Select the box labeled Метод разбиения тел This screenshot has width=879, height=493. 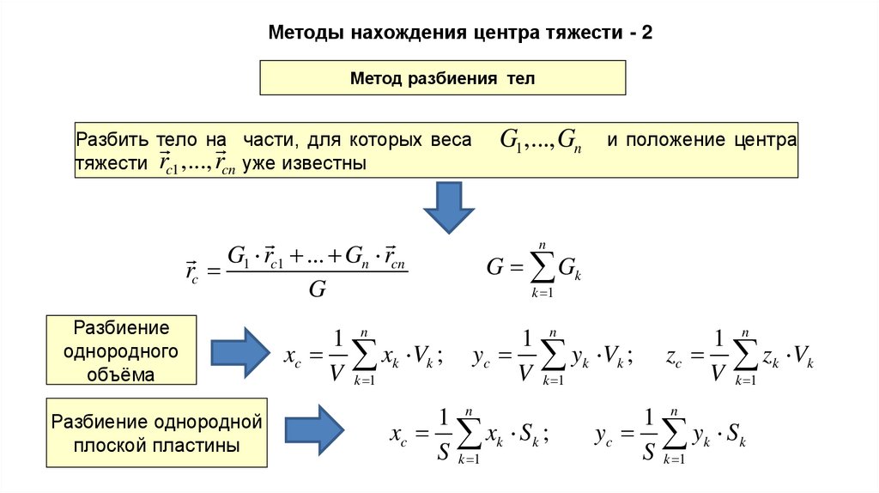[443, 79]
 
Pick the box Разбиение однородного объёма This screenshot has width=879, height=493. [121, 350]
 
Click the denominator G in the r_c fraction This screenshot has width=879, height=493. [317, 289]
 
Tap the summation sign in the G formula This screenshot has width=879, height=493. [541, 268]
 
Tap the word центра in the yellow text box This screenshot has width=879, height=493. [767, 140]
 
